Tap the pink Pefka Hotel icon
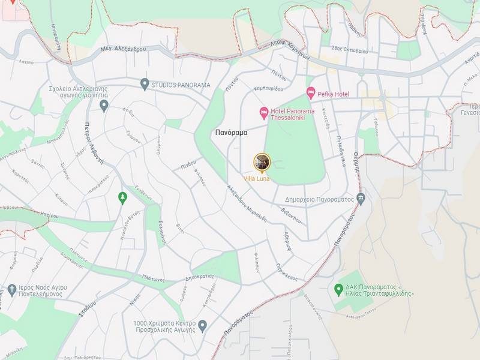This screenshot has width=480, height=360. coord(311,92)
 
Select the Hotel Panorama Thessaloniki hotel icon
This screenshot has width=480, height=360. coord(263,112)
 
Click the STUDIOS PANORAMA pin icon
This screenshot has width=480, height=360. coord(145,84)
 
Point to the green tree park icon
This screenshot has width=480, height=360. coord(123,197)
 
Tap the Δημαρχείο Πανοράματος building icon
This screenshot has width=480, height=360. coord(360,198)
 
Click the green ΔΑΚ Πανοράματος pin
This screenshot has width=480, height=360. coord(338,289)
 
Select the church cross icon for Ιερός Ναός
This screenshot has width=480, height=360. coord(11,291)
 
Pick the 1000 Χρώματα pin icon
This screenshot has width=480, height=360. coord(202,326)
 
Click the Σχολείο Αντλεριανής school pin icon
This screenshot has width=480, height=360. coord(104,106)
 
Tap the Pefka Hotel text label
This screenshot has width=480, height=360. coord(334,94)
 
